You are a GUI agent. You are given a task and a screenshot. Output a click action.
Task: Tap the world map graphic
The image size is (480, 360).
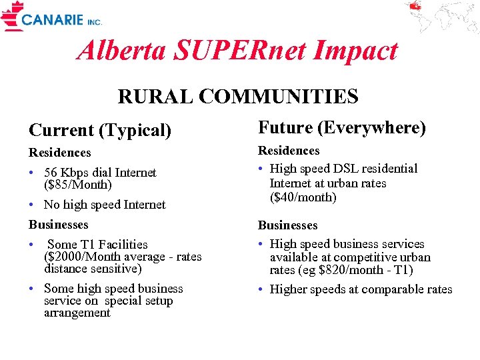click(441, 17)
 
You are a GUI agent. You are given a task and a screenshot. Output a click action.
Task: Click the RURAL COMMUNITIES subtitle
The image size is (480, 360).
click(238, 97)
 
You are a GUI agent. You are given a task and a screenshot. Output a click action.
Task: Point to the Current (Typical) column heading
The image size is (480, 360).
click(99, 130)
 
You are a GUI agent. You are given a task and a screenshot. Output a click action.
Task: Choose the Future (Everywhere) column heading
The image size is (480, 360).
click(341, 127)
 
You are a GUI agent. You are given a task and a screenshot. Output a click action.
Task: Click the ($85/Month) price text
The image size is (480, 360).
click(77, 185)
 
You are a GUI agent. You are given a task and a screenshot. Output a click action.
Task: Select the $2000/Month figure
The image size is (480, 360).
click(84, 257)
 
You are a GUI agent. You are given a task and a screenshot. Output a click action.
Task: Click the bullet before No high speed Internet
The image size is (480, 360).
click(32, 205)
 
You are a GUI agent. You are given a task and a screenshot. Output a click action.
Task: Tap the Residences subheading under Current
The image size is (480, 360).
click(59, 153)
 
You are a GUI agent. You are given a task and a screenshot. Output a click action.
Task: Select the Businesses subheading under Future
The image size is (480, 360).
click(288, 225)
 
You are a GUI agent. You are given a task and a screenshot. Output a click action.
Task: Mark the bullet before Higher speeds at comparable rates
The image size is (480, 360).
click(261, 289)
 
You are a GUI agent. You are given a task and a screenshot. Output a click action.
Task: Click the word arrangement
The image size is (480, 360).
click(77, 313)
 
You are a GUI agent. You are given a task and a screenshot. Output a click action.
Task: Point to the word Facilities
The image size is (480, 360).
click(123, 245)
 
